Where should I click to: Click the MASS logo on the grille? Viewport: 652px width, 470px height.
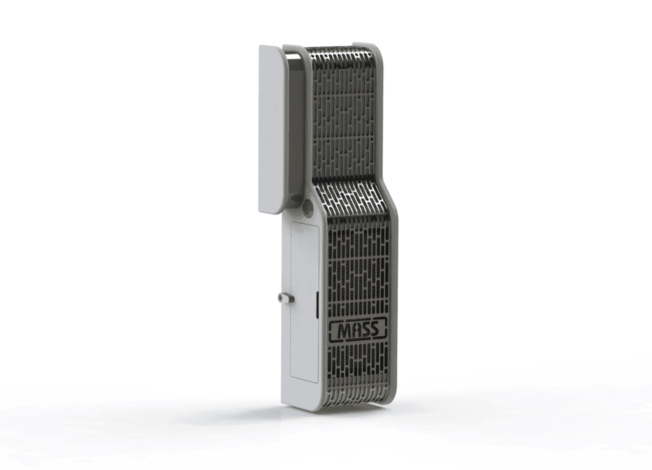pos(358,329)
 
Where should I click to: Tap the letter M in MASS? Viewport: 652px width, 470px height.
pos(341,329)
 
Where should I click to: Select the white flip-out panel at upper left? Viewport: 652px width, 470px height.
pos(272,127)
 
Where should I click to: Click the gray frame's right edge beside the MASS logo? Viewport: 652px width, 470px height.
pos(394,329)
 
